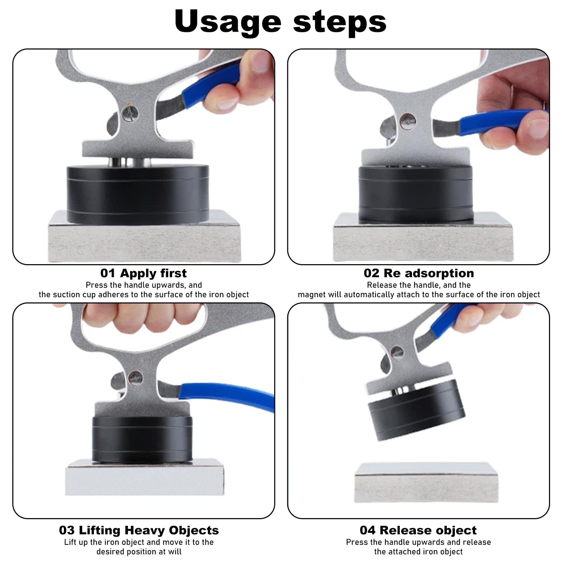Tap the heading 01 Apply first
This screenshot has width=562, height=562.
143,273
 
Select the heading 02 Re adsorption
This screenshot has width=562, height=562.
419,273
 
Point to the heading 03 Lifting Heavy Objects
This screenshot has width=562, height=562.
139,530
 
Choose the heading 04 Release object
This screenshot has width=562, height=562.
418,530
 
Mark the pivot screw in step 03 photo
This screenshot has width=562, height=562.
136,378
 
